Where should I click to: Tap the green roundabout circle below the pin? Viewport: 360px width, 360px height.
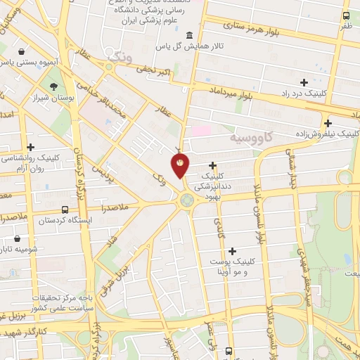click(x=186, y=200)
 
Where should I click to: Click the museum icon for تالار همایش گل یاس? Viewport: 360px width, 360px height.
click(x=188, y=36)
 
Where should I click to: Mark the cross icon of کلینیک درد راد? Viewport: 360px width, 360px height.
click(x=304, y=83)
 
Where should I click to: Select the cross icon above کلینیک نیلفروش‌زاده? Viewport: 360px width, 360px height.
click(x=328, y=123)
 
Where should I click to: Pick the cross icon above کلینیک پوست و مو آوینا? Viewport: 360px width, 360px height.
click(x=233, y=250)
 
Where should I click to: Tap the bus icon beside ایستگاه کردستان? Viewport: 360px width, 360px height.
click(x=65, y=210)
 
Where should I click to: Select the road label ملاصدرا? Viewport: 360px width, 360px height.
click(x=105, y=209)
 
